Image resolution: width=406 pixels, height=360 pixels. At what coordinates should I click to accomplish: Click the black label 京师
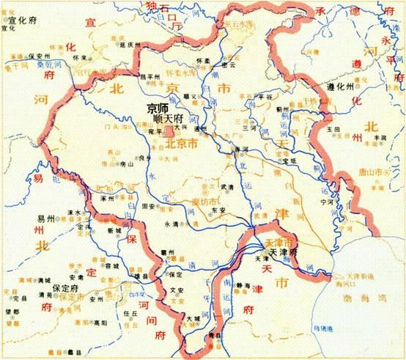pos(157,107)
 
